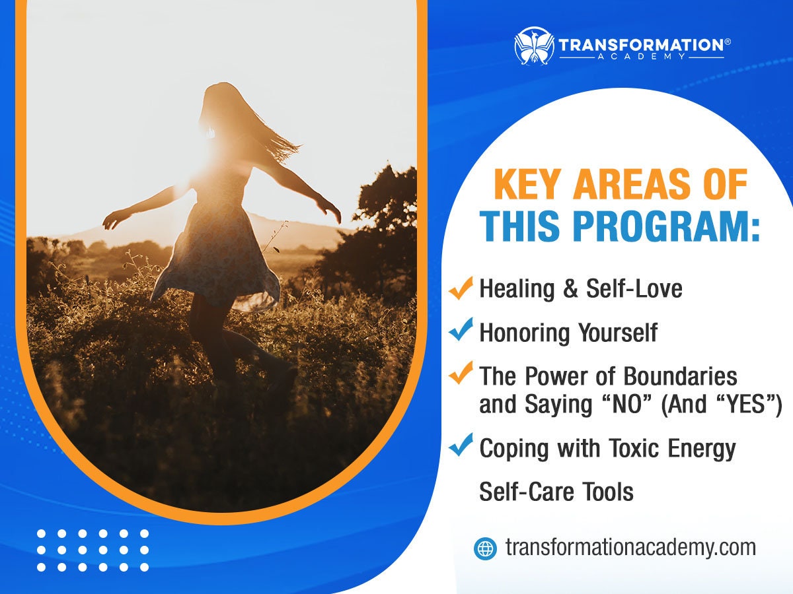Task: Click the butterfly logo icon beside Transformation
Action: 533,46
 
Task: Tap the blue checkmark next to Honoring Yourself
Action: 461,330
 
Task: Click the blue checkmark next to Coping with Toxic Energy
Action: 461,447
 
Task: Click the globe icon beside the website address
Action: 485,548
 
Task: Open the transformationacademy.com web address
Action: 630,548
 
